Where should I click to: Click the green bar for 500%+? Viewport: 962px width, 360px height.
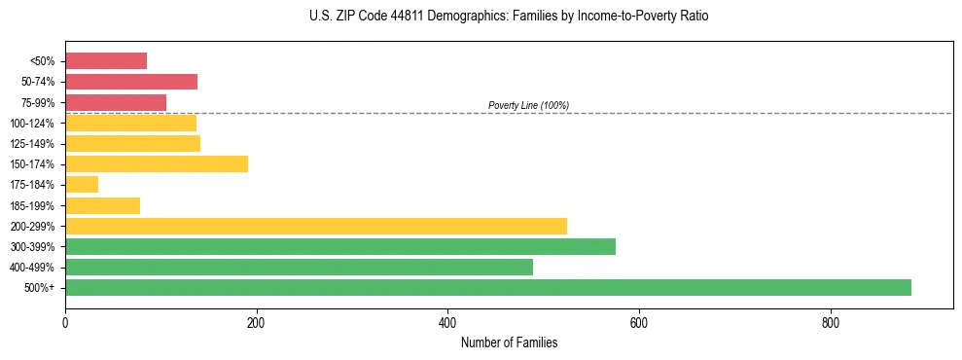click(487, 287)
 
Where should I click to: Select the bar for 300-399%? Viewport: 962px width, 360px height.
click(339, 246)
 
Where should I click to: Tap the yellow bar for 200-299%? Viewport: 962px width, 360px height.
click(315, 226)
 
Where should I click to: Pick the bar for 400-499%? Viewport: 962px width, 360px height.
click(299, 267)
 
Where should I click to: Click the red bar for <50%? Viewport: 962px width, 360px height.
click(105, 61)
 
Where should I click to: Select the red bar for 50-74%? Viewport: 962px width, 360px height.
click(130, 82)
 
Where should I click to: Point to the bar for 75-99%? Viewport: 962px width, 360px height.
click(115, 102)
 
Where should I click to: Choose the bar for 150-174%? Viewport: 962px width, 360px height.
click(156, 163)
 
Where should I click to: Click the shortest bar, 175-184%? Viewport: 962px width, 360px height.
click(82, 184)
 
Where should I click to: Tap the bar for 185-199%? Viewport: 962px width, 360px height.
click(102, 205)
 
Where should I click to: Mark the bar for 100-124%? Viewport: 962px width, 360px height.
click(130, 123)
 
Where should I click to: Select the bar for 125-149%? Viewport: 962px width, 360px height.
click(132, 143)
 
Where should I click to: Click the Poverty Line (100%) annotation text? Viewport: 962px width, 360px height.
click(528, 105)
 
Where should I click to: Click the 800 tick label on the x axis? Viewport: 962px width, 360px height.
click(830, 324)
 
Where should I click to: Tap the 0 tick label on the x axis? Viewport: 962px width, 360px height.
click(65, 324)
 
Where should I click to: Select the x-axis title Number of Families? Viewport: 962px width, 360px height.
click(509, 342)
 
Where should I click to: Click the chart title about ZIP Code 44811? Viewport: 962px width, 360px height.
click(509, 17)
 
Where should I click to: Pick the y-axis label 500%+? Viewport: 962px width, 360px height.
click(39, 288)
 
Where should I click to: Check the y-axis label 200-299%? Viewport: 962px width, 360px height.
click(32, 227)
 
